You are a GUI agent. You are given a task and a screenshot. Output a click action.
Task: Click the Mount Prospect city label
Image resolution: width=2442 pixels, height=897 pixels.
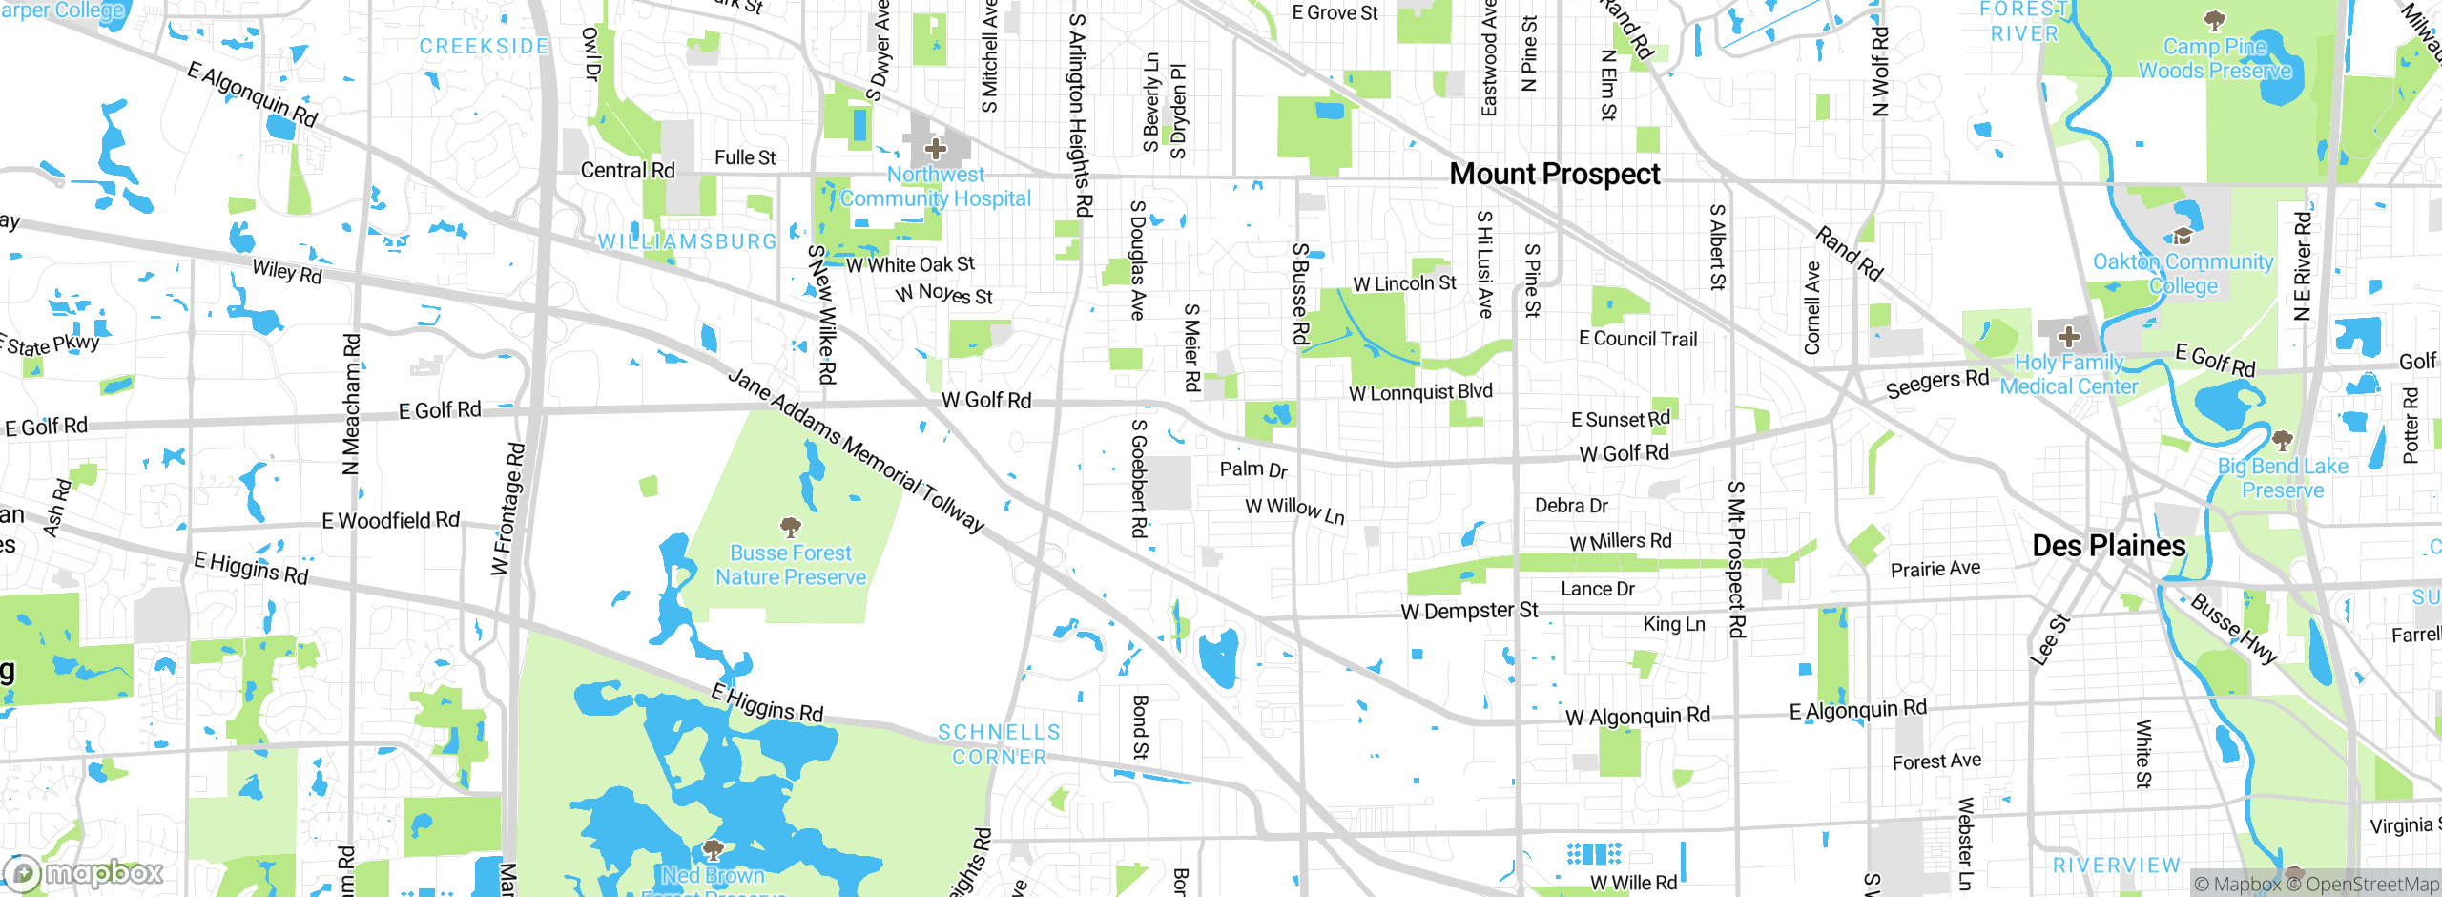[x=1555, y=174]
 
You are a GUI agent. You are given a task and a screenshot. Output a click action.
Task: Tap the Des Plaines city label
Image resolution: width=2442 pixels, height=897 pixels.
[x=2109, y=546]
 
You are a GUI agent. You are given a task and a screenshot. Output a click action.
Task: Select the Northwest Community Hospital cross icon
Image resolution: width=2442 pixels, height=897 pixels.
[x=936, y=149]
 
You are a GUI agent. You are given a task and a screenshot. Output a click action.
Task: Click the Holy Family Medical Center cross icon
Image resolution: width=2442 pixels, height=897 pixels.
[x=2068, y=337]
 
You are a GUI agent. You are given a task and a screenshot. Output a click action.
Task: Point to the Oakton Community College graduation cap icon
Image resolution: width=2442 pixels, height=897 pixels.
[x=2182, y=235]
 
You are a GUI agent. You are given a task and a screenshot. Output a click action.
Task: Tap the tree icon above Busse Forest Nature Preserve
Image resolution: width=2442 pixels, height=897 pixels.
[x=790, y=527]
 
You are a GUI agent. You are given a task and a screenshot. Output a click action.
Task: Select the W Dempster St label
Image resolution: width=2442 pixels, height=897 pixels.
[x=1469, y=611]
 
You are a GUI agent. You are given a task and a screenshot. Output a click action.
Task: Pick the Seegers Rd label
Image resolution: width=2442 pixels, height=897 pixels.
[x=1936, y=383]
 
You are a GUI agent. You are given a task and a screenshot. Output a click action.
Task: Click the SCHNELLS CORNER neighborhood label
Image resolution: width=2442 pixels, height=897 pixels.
[x=999, y=744]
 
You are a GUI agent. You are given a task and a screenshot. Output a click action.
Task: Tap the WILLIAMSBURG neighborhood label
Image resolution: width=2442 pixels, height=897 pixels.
[x=688, y=241]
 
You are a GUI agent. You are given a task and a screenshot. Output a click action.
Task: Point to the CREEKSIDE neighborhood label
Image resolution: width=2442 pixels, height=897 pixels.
[x=484, y=46]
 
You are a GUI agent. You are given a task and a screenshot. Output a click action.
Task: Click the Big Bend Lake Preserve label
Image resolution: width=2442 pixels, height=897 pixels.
[x=2283, y=478]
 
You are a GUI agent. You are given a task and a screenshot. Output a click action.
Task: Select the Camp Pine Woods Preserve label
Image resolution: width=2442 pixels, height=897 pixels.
[x=2214, y=58]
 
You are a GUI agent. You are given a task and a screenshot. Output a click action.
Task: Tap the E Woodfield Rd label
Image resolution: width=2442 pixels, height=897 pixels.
[x=390, y=521]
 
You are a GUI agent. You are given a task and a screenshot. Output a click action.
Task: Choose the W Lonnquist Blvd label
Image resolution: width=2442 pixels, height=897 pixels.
[x=1420, y=392]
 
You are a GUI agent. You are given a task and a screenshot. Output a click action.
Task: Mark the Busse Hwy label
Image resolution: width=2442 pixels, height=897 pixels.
[x=2233, y=628]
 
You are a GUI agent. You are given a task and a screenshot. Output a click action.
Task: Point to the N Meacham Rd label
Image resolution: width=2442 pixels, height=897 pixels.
[x=351, y=404]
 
